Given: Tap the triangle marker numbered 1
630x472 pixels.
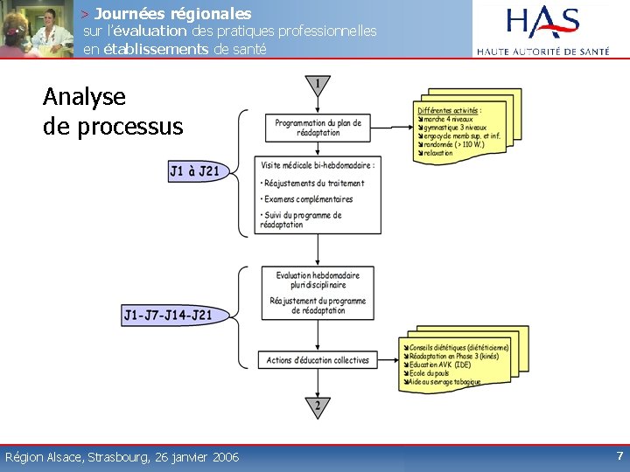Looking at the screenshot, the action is click(316, 86).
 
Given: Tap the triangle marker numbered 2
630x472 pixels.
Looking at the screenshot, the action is click(317, 406).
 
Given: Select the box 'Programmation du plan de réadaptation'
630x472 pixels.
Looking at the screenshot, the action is click(318, 128).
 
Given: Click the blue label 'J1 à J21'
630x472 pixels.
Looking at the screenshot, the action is click(194, 171).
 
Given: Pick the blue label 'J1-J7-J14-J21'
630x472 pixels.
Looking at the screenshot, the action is click(167, 315).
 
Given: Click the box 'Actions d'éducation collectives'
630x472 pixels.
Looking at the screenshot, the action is click(318, 360).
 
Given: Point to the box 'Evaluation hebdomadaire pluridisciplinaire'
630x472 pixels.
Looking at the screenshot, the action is click(318, 280).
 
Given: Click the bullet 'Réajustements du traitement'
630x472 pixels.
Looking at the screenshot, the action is click(312, 184).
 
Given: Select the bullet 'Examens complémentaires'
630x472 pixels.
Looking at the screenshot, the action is click(306, 199).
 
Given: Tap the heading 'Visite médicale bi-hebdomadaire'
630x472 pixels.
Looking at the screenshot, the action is click(317, 165).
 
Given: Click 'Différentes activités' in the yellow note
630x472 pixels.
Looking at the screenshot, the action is click(449, 111).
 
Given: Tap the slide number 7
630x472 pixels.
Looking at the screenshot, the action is click(619, 455).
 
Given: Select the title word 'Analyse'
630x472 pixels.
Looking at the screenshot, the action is click(84, 96).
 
